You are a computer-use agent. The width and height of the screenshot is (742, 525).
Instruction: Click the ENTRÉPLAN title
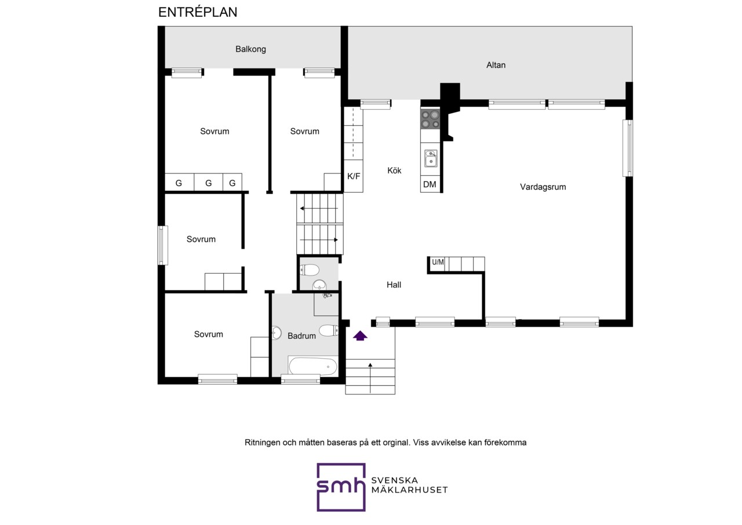pyautogui.click(x=198, y=12)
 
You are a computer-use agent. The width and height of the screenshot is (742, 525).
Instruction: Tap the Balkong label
pyautogui.click(x=251, y=49)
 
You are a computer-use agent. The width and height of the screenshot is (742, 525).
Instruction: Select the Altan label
pyautogui.click(x=496, y=65)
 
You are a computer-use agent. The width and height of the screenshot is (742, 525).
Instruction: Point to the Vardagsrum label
pyautogui.click(x=543, y=187)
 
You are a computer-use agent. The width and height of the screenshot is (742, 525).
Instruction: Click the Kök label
pyautogui.click(x=394, y=171)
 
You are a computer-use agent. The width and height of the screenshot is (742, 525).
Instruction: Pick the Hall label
pyautogui.click(x=394, y=285)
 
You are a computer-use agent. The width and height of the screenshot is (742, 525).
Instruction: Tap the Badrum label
pyautogui.click(x=301, y=336)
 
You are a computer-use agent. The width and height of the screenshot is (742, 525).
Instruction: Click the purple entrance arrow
pyautogui.click(x=360, y=336)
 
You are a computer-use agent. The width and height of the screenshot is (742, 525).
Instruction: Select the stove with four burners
pyautogui.click(x=430, y=120)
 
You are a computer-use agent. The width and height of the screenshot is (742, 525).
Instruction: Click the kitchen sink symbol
pyautogui.click(x=431, y=158)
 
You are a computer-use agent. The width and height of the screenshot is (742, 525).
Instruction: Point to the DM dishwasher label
pyautogui.click(x=430, y=184)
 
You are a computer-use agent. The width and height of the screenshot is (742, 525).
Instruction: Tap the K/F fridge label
pyautogui.click(x=354, y=176)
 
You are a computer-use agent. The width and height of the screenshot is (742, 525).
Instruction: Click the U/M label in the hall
pyautogui.click(x=438, y=262)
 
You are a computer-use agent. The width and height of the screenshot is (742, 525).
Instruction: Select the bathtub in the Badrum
pyautogui.click(x=312, y=366)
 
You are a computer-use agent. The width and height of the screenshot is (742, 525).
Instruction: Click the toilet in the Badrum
pyautogui.click(x=329, y=331)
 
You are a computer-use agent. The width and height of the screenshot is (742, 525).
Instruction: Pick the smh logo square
pyautogui.click(x=341, y=487)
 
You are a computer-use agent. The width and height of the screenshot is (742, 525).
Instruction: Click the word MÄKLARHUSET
pyautogui.click(x=409, y=490)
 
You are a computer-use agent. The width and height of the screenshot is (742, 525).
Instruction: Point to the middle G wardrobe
pyautogui.click(x=208, y=183)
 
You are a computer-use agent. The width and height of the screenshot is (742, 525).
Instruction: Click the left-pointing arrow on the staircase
pyautogui.click(x=319, y=208)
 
